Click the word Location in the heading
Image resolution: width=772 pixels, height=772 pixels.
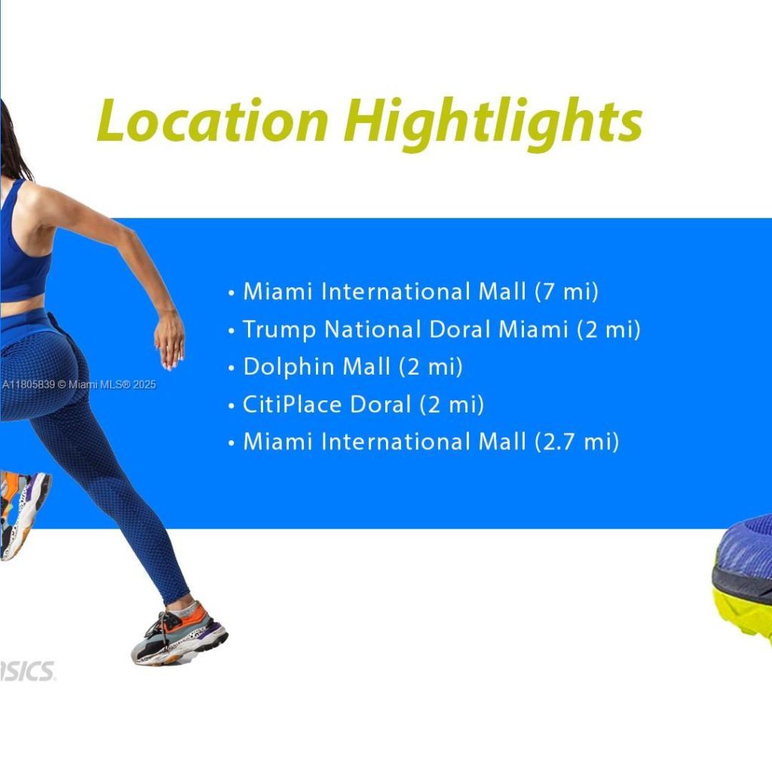(213, 121)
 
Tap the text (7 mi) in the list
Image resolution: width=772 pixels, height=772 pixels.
(566, 292)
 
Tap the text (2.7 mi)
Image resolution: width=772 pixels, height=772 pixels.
(577, 442)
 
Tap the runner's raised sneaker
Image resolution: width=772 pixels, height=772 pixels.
(23, 513)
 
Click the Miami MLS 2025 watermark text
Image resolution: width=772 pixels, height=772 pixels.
(78, 384)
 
